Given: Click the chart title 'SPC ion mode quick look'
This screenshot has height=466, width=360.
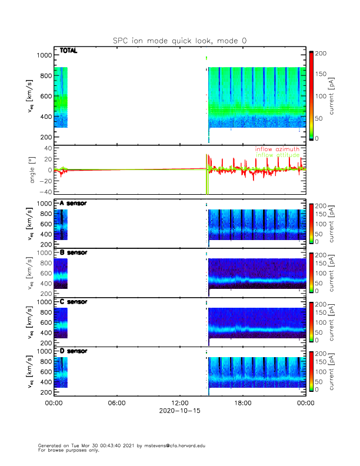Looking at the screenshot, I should (179, 40).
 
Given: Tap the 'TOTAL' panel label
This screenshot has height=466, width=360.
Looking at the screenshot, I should (68, 51).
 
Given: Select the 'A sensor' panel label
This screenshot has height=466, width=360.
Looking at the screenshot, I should (73, 204).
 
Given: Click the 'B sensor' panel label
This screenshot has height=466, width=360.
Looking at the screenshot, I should (73, 252).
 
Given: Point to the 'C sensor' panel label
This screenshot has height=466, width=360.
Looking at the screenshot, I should (73, 302).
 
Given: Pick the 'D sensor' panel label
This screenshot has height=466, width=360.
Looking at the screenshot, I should (73, 351).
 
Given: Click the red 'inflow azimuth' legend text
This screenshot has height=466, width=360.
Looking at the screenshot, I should (277, 149).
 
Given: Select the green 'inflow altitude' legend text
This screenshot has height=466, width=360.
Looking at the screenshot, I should (277, 155).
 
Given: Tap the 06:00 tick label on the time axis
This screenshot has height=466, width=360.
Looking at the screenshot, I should (116, 403).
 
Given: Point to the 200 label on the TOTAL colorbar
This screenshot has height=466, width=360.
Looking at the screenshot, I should (321, 54).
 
